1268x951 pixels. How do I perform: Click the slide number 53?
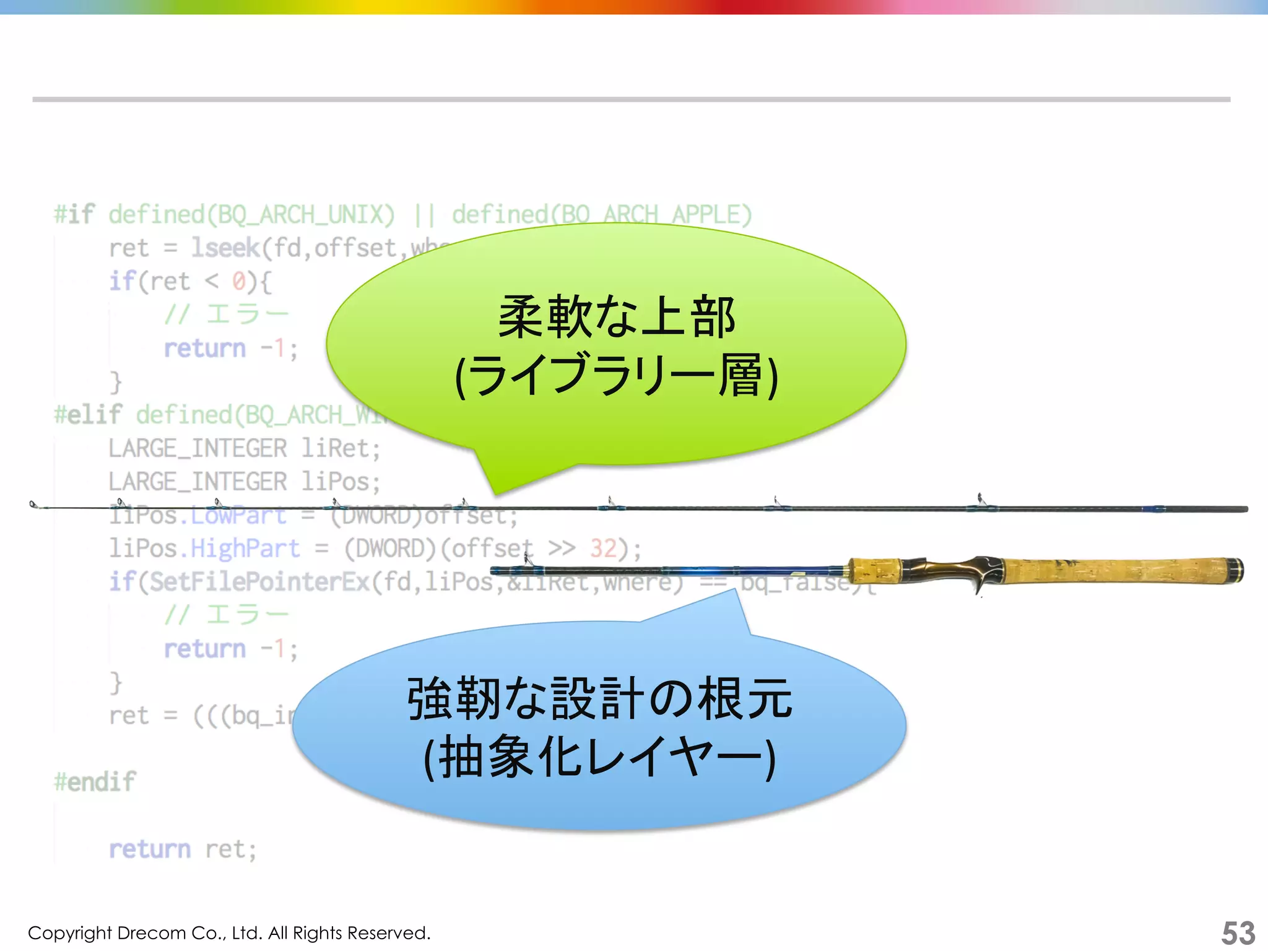[x=1238, y=932]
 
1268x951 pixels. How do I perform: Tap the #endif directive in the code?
[x=95, y=782]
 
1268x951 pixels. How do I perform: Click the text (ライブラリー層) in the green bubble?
[x=617, y=376]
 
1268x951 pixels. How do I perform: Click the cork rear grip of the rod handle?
[x=1114, y=571]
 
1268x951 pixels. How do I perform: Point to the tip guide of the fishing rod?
[x=34, y=505]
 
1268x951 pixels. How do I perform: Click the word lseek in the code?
[x=225, y=248]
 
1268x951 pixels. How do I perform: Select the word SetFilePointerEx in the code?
[x=260, y=582]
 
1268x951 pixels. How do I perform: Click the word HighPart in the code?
[x=245, y=549]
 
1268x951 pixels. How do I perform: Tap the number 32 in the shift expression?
[x=603, y=549]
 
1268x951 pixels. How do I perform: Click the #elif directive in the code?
[x=88, y=415]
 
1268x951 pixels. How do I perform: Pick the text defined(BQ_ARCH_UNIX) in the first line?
[x=251, y=215]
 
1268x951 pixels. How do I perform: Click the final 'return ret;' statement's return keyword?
[x=149, y=849]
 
